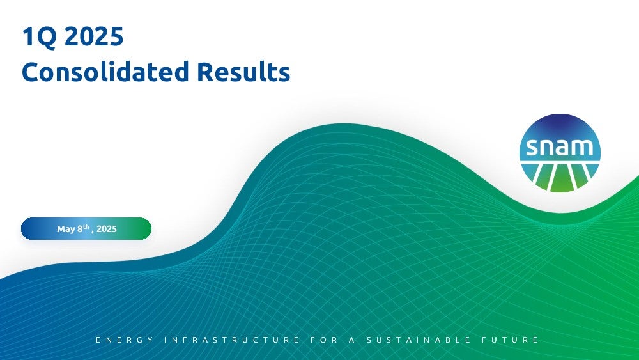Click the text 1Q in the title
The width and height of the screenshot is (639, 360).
click(x=39, y=36)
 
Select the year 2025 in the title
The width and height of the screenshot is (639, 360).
click(x=94, y=36)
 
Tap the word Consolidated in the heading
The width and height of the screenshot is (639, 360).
click(x=105, y=72)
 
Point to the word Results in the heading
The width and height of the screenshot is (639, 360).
click(x=243, y=72)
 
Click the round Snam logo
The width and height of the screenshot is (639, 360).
click(x=560, y=153)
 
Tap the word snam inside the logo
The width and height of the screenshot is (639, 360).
click(x=560, y=147)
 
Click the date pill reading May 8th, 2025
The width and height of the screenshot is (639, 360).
click(x=86, y=229)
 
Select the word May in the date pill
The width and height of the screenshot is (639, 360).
click(x=66, y=229)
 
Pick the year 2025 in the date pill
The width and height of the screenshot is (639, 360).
click(x=107, y=229)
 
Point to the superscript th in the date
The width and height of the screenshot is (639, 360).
click(x=86, y=226)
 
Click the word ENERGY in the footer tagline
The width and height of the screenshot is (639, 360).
click(x=125, y=340)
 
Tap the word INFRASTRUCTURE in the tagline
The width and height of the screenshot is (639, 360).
click(x=232, y=340)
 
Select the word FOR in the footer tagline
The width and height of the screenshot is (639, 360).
click(x=324, y=340)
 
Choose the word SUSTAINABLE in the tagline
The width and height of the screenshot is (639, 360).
click(x=419, y=340)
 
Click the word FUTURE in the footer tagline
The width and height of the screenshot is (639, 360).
click(x=510, y=340)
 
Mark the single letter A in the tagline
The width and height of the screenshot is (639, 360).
click(x=351, y=340)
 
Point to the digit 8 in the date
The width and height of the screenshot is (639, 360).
click(x=80, y=229)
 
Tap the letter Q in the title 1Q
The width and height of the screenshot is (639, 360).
click(x=46, y=38)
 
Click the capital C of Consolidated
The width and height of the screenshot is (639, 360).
click(x=30, y=72)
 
